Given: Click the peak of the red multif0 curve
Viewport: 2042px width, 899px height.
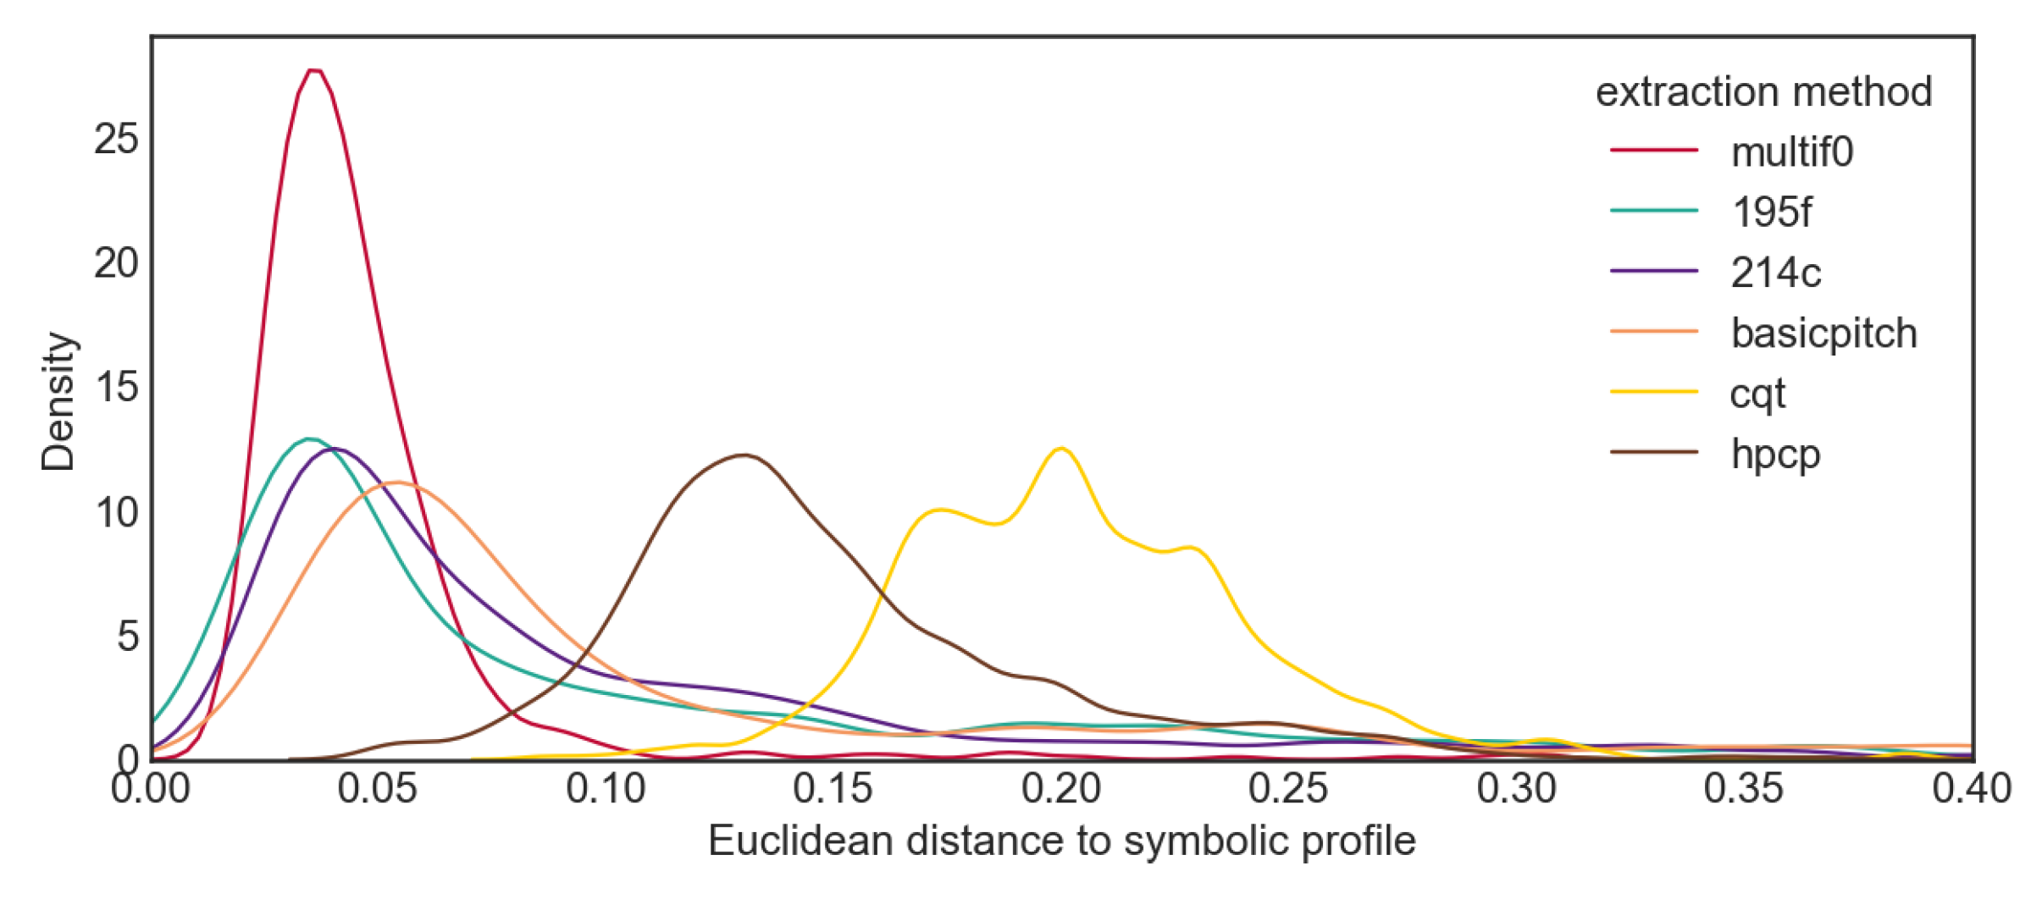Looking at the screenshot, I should point(314,70).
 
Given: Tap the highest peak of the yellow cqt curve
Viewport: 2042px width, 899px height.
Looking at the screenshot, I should point(1060,448).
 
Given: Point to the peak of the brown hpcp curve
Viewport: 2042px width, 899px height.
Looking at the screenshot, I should point(744,455).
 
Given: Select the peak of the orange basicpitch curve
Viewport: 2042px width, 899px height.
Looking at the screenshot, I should point(396,483).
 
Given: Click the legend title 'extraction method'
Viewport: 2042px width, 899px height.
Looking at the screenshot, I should point(1763,91).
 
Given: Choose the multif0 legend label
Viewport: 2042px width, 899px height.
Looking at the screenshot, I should point(1792,152).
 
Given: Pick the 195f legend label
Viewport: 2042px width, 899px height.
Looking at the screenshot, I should point(1771,212).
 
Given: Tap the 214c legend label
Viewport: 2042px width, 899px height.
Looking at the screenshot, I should point(1775,273).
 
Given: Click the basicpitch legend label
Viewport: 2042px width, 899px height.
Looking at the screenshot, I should point(1823,334).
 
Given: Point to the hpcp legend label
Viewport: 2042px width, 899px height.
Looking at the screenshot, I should point(1775,455).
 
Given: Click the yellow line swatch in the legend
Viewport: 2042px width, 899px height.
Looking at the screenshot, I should point(1653,392).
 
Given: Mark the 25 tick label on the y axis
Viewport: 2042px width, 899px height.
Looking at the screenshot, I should point(116,139).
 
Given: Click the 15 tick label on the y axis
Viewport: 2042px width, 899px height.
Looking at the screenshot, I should point(116,388).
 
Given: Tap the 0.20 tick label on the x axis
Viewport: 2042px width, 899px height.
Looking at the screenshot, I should point(1060,789).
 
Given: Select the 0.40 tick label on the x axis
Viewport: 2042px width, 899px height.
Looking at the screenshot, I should point(1972,789).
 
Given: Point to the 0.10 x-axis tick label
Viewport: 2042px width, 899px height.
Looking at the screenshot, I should point(606,789).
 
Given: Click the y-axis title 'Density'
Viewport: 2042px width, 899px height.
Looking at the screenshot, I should point(58,401).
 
